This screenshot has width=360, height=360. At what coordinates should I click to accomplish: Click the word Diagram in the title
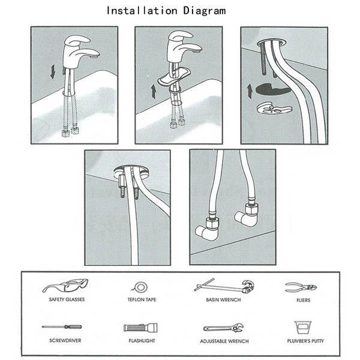[204, 11]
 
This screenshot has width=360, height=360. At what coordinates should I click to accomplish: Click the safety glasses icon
[65, 286]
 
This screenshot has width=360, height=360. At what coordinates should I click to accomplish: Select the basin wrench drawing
[224, 286]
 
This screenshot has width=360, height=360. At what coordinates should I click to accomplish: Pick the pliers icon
[301, 287]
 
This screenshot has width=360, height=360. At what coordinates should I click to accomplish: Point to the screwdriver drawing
[62, 327]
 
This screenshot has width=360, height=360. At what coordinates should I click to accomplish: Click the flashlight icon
[140, 328]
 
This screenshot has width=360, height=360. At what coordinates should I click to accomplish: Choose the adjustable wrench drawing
[224, 328]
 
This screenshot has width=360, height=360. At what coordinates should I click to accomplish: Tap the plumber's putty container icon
[303, 328]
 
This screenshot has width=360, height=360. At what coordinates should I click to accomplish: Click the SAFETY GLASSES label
[67, 299]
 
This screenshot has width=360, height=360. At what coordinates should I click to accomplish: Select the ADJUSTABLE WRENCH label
[224, 341]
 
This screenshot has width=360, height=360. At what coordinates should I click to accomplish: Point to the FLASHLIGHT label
[142, 341]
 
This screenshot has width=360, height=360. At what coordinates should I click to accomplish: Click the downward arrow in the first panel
[53, 71]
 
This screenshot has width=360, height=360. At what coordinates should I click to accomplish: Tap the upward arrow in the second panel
[154, 91]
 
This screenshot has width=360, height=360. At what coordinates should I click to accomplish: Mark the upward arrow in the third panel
[250, 91]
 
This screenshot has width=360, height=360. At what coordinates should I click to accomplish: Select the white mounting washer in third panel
[274, 108]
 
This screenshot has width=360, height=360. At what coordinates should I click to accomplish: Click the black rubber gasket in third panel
[272, 89]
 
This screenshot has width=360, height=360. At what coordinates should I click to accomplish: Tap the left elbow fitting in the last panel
[206, 229]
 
